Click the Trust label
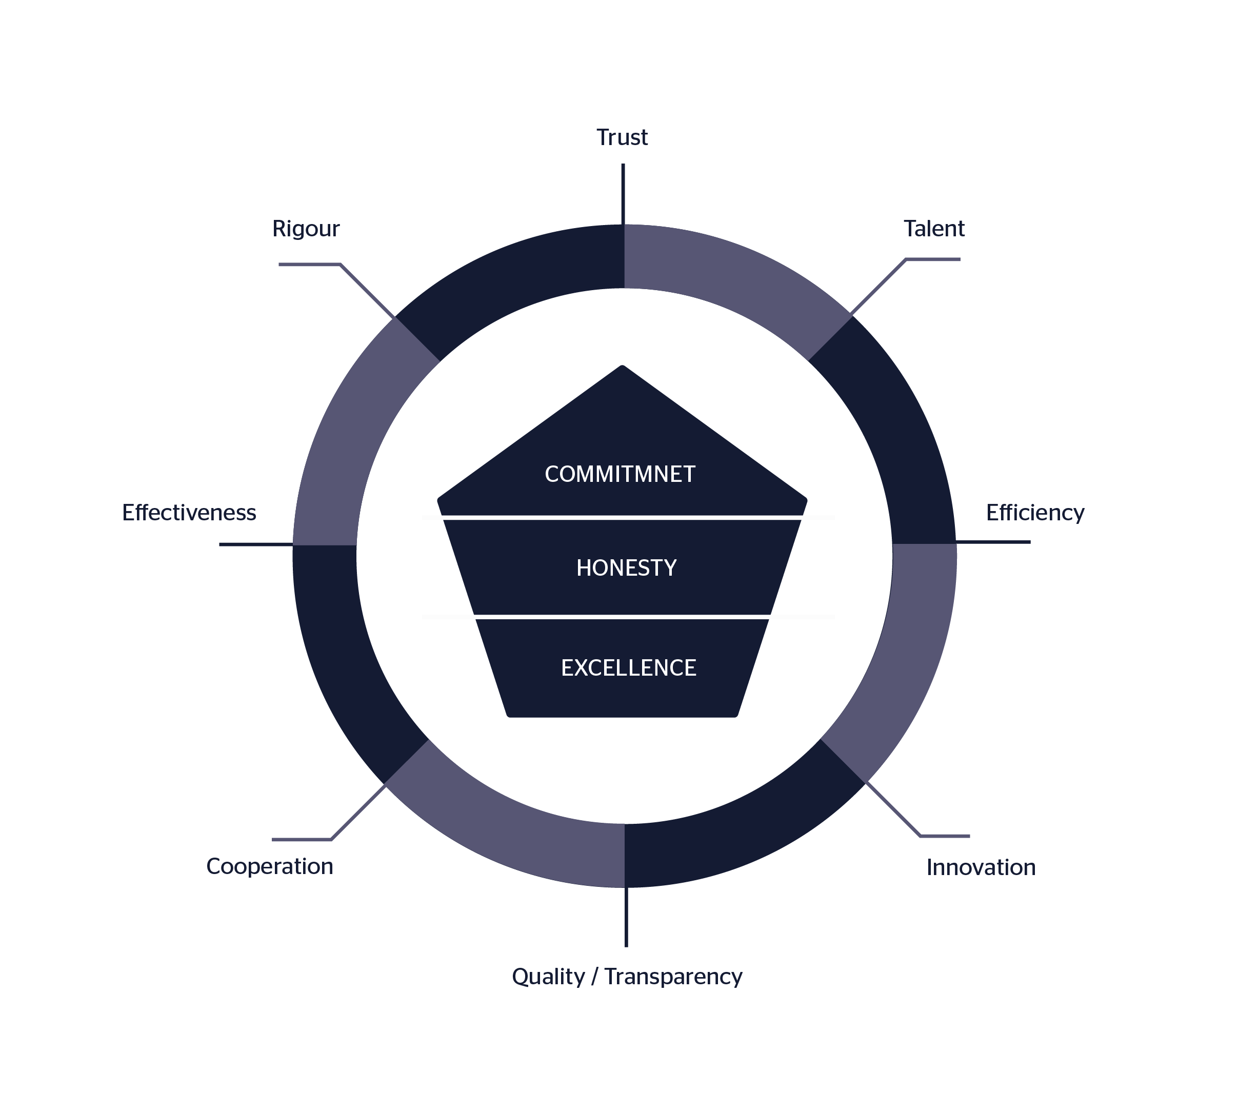click(x=622, y=137)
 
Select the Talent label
click(x=933, y=229)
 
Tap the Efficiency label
click(x=1034, y=513)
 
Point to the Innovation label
click(x=981, y=867)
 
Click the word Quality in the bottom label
click(x=548, y=977)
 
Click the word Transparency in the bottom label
click(x=673, y=977)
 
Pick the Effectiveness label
click(x=189, y=513)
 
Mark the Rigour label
click(x=306, y=229)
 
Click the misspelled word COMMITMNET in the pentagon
click(x=620, y=474)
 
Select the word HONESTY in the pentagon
click(x=626, y=568)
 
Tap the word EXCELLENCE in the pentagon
click(x=628, y=668)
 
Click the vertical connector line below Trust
click(x=623, y=194)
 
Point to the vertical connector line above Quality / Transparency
click(x=626, y=917)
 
